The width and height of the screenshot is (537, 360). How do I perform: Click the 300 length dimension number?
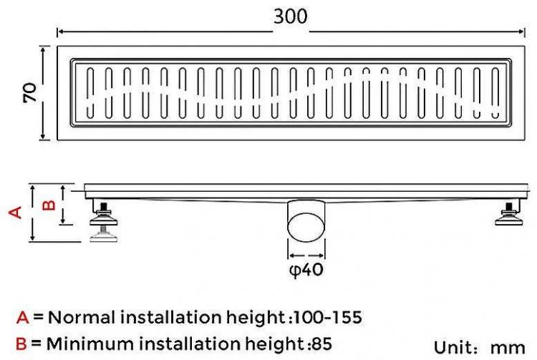pos(291,16)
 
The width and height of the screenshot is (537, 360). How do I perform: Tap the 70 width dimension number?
pos(30,92)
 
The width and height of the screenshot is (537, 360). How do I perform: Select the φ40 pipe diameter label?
pos(306,271)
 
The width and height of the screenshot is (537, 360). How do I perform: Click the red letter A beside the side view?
pos(16,213)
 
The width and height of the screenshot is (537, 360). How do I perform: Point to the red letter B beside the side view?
pos(49,205)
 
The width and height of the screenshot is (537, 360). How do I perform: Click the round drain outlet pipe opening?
pos(306,227)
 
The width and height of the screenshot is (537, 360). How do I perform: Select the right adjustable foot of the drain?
pos(509,214)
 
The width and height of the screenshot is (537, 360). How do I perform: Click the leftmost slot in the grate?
pos(90,93)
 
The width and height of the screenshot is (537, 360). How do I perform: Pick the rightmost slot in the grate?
pos(495,93)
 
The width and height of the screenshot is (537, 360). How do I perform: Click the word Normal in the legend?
pos(82,317)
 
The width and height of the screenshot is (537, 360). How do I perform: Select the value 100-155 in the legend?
pos(328,317)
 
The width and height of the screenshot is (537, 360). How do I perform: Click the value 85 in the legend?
pos(321,344)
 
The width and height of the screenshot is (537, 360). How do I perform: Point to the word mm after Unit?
pos(508,348)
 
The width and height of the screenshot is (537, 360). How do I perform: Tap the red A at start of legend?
pos(23,318)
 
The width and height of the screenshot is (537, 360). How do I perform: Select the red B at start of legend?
pos(21,344)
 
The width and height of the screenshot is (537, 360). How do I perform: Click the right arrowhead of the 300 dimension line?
pos(522,31)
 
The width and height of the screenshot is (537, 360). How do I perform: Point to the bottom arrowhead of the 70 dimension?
pos(43,137)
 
